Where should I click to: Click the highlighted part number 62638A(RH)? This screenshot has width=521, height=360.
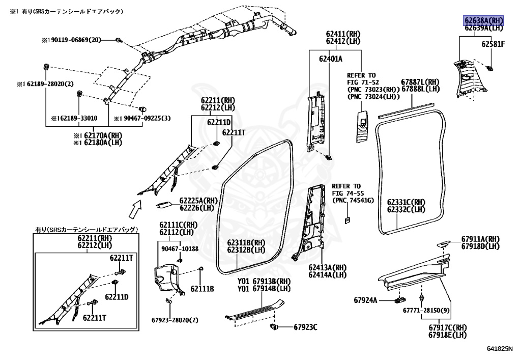pos(483,20)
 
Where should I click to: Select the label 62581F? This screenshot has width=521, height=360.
pos(493,44)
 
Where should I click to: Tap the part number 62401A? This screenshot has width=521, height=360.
pos(331,59)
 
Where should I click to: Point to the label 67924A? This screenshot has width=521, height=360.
pos(366,300)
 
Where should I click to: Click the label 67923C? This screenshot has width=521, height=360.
pos(305,327)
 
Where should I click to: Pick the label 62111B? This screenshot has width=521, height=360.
pos(202,289)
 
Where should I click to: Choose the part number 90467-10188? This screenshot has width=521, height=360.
pos(180,248)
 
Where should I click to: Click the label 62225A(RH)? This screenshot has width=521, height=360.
pos(198,201)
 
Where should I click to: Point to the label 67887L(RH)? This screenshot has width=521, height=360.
pos(420,82)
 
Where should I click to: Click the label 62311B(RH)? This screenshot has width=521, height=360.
pos(246,242)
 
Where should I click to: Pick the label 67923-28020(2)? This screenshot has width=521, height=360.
pos(175,320)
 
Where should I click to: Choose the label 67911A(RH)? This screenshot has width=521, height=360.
pos(480,239)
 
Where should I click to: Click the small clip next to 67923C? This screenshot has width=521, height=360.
pos(274,325)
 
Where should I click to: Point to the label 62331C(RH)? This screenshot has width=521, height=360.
pos(406,202)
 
